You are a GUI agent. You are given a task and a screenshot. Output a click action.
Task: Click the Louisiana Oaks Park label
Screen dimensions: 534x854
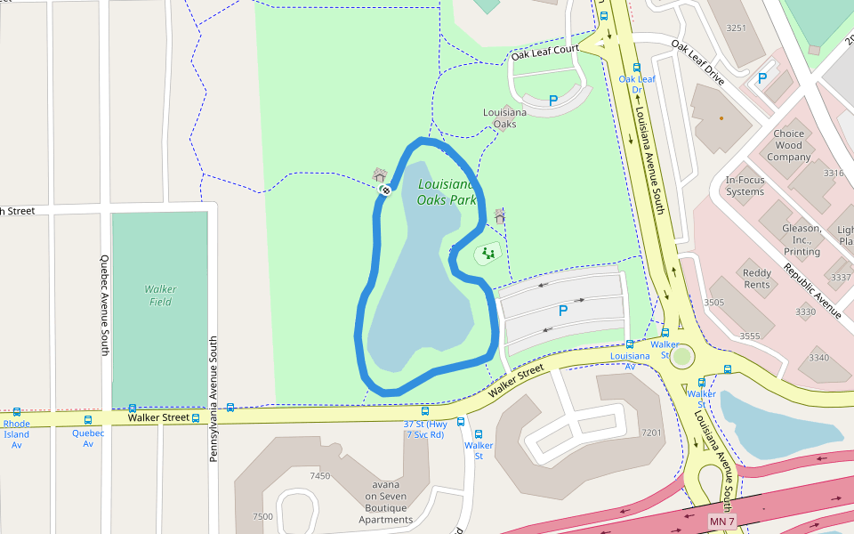(447, 192)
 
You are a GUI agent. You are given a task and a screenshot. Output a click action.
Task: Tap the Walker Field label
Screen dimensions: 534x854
(160, 295)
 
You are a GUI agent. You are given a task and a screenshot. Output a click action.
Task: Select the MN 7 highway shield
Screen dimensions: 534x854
(722, 520)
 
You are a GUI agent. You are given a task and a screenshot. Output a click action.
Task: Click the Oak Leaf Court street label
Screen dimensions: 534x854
(544, 53)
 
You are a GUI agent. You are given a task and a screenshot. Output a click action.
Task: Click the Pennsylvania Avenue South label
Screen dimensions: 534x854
(213, 399)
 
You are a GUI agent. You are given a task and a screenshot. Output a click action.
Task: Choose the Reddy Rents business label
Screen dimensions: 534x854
(757, 279)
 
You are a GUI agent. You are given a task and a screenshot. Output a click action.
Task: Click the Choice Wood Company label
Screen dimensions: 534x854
(788, 145)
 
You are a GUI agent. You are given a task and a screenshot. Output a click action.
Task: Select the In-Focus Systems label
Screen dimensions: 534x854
(745, 185)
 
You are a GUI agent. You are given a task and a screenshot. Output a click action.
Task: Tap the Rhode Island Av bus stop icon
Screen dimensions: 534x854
(16, 412)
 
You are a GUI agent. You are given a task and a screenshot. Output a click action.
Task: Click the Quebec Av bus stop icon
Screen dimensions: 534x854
(87, 420)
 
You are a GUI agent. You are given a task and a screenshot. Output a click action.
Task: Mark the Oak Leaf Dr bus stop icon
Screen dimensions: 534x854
(636, 67)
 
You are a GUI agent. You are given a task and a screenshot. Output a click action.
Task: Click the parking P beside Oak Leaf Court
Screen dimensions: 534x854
(552, 101)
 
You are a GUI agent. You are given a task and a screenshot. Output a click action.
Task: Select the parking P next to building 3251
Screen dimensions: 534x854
(761, 78)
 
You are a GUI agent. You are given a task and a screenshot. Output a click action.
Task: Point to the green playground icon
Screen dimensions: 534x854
(487, 254)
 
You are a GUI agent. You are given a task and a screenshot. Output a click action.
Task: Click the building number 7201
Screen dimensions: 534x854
(651, 433)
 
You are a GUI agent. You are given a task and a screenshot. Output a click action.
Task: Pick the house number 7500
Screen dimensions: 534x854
(263, 516)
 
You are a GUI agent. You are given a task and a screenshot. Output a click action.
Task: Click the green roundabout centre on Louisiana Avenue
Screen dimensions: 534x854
(682, 357)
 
